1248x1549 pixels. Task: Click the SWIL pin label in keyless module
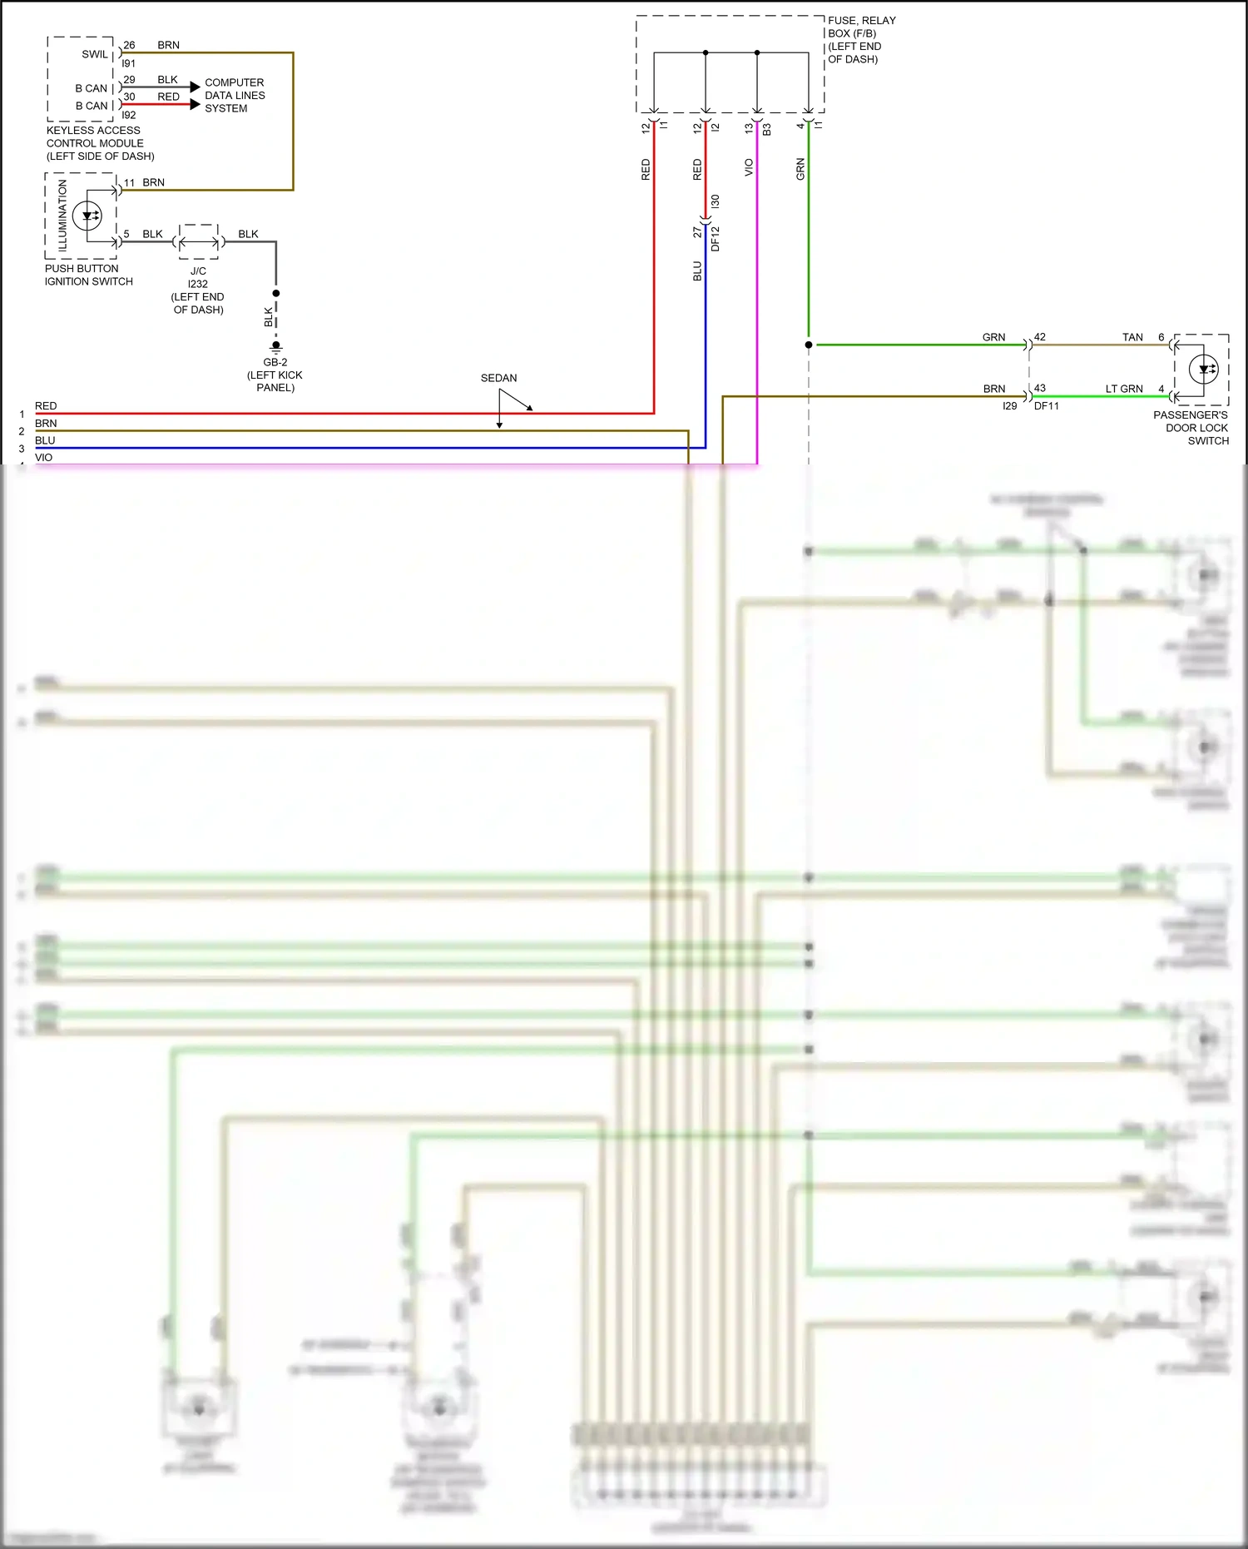click(x=94, y=55)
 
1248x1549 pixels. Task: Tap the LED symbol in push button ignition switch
click(x=87, y=216)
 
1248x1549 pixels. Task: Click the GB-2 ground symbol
click(x=276, y=347)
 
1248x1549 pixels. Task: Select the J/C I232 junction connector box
click(x=199, y=242)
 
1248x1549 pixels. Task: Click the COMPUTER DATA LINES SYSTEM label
click(x=235, y=96)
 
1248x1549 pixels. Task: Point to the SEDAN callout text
click(x=498, y=378)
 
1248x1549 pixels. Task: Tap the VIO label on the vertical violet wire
click(x=749, y=167)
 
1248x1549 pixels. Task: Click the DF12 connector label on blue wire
click(x=716, y=238)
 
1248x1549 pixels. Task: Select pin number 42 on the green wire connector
click(x=1040, y=337)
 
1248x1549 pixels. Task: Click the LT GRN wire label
click(x=1123, y=389)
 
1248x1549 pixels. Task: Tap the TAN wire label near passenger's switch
click(x=1132, y=337)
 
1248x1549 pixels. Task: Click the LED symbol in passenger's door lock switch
click(x=1204, y=369)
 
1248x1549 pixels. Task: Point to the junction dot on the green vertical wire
click(x=809, y=345)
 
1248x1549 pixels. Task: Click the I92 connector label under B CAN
click(x=129, y=116)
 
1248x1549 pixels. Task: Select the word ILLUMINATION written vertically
click(x=63, y=216)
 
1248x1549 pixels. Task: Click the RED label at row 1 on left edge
click(x=46, y=406)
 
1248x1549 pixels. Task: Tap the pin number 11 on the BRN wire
click(x=129, y=183)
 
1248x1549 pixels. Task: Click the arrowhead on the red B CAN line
click(x=195, y=105)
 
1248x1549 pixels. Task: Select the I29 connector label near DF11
click(x=1009, y=406)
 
